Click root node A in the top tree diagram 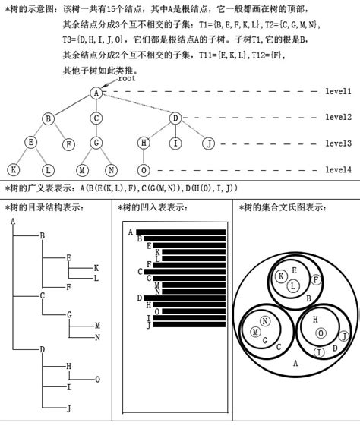(x=96, y=93)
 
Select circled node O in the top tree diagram (x=144, y=170)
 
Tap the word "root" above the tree (x=126, y=77)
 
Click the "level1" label (x=338, y=92)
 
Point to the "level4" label (x=338, y=169)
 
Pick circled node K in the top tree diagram (x=13, y=170)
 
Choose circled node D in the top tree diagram (x=175, y=118)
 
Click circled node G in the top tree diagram (x=96, y=143)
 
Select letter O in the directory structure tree (x=97, y=379)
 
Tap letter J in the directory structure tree (x=69, y=408)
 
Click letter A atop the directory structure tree (x=14, y=221)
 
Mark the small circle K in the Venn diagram (x=282, y=276)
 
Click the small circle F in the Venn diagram (x=315, y=280)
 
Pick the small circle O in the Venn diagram (x=321, y=333)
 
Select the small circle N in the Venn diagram (x=264, y=321)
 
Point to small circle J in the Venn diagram (x=343, y=336)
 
